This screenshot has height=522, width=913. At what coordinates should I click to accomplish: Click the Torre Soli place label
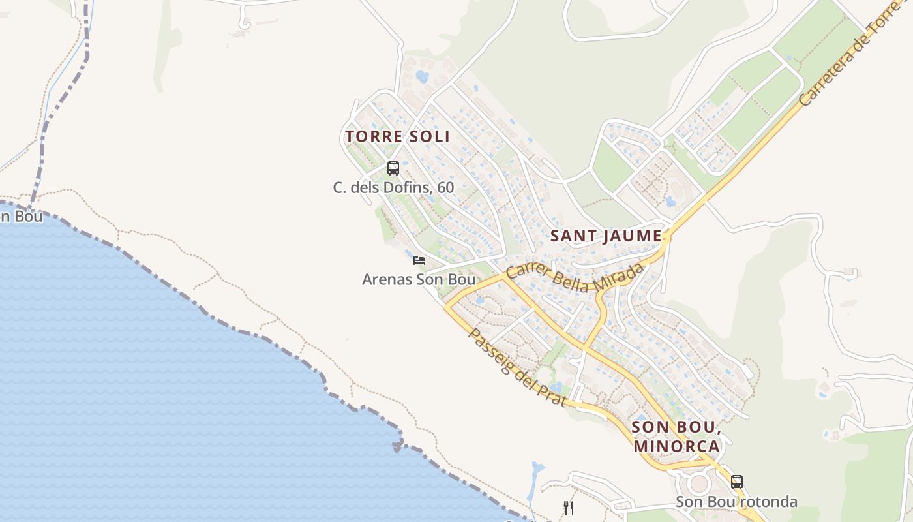[x=397, y=136]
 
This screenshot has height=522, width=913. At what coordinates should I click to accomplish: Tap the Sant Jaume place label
[x=606, y=236]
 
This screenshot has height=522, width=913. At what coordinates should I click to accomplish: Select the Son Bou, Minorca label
[x=676, y=437]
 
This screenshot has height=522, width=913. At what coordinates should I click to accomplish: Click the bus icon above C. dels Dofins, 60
[x=393, y=168]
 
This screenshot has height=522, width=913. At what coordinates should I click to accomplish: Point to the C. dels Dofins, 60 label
[x=393, y=187]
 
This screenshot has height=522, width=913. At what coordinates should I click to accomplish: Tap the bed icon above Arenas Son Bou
[x=419, y=260]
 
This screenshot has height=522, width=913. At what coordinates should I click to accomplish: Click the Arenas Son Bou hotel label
[x=419, y=279]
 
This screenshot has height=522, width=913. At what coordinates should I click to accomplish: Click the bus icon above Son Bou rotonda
[x=736, y=482]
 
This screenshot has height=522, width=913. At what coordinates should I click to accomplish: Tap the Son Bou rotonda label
[x=736, y=502]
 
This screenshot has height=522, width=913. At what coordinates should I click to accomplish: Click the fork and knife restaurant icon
[x=569, y=508]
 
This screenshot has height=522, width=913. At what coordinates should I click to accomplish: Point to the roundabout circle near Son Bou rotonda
[x=698, y=484]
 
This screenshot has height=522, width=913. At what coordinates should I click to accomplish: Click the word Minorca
[x=676, y=446]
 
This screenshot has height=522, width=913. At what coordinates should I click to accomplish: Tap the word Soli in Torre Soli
[x=429, y=136]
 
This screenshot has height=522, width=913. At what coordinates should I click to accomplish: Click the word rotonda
[x=770, y=502]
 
